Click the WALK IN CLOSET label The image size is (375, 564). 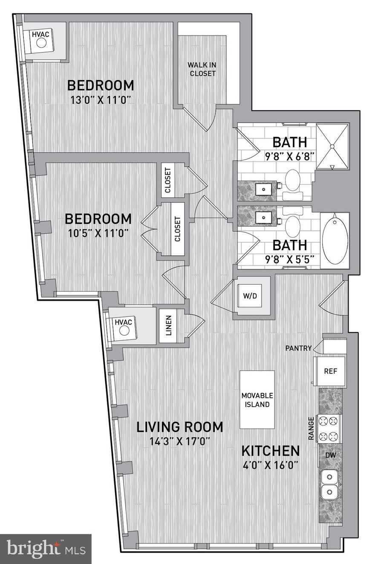coord(202,69)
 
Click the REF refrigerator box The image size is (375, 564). coord(330,371)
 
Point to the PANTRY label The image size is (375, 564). coord(299,348)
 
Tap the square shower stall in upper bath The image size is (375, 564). coord(332,146)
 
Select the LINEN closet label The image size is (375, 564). coord(168,325)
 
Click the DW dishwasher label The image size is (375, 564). coord(331,455)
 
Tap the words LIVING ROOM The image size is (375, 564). coord(179,427)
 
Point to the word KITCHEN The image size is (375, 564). coord(271,450)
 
